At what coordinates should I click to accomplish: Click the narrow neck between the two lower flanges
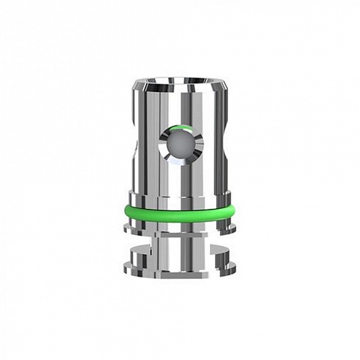[x=180, y=242]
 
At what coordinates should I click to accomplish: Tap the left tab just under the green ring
[x=129, y=229]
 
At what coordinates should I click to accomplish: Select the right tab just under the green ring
[x=231, y=229]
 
